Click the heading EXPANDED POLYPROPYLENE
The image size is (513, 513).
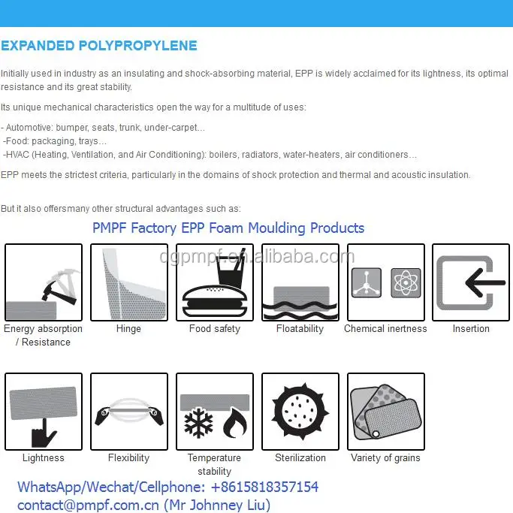click(99, 46)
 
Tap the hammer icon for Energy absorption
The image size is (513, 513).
click(44, 282)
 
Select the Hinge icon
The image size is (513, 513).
click(128, 282)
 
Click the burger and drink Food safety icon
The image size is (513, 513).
click(215, 282)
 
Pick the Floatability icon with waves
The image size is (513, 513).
click(300, 282)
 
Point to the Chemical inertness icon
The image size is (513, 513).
click(385, 282)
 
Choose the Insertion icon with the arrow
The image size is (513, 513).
click(471, 282)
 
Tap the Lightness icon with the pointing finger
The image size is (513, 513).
click(44, 412)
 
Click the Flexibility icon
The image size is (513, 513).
click(128, 412)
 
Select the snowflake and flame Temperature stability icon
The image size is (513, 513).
click(215, 412)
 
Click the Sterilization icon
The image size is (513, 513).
click(300, 412)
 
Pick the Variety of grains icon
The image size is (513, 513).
click(385, 412)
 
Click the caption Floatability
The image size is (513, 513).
click(300, 329)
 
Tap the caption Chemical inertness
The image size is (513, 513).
click(385, 329)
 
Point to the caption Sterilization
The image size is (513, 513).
click(300, 458)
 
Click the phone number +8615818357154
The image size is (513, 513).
click(259, 487)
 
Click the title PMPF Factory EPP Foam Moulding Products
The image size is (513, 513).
click(228, 228)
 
